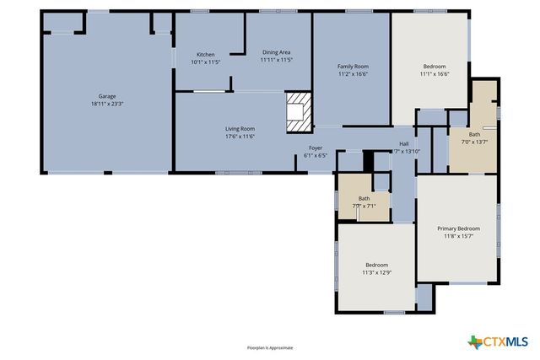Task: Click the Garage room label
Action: click(x=107, y=96)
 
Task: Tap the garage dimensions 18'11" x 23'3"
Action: click(x=107, y=104)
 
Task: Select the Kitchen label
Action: click(x=205, y=54)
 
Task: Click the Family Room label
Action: click(x=353, y=67)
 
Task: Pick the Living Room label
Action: click(x=240, y=128)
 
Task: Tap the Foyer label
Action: click(x=315, y=148)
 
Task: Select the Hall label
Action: click(x=404, y=143)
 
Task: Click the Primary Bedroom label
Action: click(x=458, y=228)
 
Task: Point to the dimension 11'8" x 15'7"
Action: click(x=458, y=236)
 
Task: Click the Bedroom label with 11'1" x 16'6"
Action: click(x=434, y=67)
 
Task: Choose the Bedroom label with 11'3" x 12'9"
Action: click(x=376, y=265)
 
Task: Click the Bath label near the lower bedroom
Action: click(x=364, y=198)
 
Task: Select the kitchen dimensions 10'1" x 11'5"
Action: click(x=205, y=62)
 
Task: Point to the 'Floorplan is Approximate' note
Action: click(x=269, y=347)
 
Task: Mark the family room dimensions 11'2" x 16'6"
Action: click(x=353, y=74)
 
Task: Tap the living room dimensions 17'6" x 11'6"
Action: click(x=240, y=136)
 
